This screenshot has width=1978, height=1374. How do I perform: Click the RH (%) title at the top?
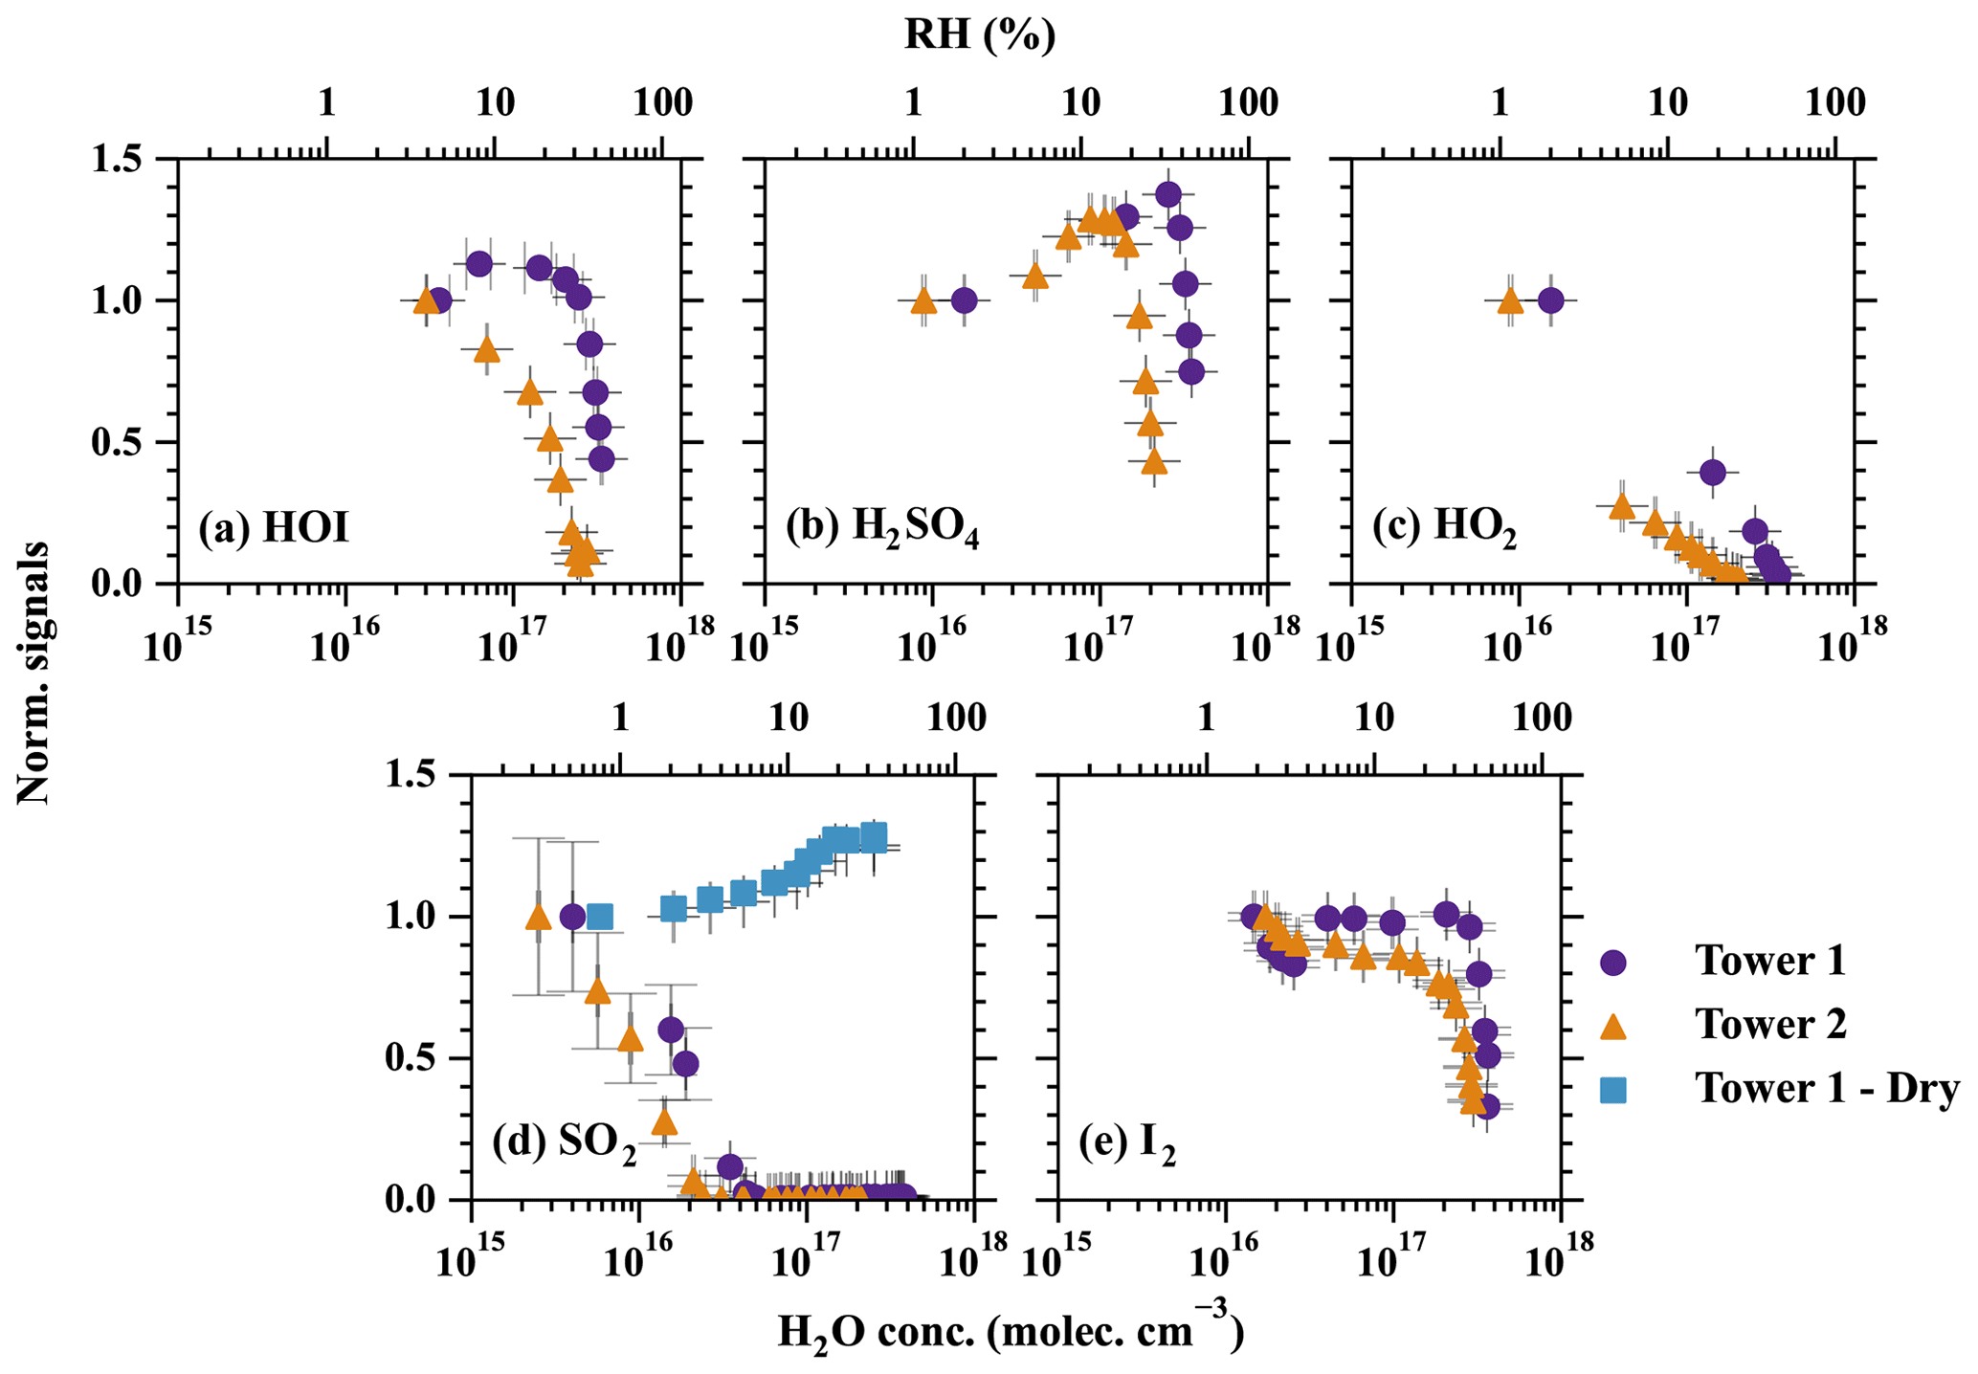pyautogui.click(x=980, y=34)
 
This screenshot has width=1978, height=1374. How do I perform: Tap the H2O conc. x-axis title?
pyautogui.click(x=1011, y=1333)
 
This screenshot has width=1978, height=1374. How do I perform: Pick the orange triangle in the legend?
pyautogui.click(x=1614, y=1026)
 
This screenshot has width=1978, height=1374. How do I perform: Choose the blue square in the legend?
pyautogui.click(x=1614, y=1089)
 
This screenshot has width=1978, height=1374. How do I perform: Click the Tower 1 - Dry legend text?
pyautogui.click(x=1827, y=1089)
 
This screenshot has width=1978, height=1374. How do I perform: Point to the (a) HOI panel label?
pyautogui.click(x=274, y=528)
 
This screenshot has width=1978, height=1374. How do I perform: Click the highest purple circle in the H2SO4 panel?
pyautogui.click(x=1167, y=194)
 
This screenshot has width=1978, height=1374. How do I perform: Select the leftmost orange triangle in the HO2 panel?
pyautogui.click(x=1509, y=300)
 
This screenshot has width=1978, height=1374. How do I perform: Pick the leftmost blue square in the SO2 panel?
pyautogui.click(x=600, y=917)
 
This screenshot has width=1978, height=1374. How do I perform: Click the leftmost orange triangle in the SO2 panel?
pyautogui.click(x=538, y=917)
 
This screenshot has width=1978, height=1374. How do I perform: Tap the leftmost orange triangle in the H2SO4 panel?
pyautogui.click(x=923, y=301)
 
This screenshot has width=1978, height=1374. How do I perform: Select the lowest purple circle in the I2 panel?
pyautogui.click(x=1486, y=1107)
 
